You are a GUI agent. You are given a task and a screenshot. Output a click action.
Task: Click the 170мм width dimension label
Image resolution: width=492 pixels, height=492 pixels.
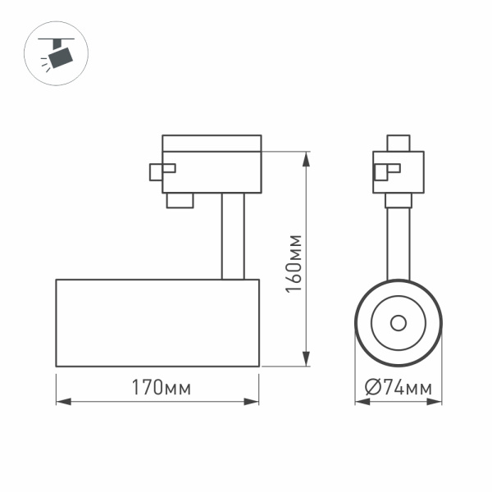(x=157, y=388)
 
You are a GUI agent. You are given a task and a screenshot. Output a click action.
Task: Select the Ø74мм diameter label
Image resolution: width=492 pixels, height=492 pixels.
(x=399, y=388)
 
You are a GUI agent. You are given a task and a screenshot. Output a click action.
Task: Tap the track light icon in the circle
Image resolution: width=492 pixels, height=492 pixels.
(x=57, y=55)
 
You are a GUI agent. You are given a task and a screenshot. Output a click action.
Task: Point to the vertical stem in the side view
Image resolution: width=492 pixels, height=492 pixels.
(x=231, y=237)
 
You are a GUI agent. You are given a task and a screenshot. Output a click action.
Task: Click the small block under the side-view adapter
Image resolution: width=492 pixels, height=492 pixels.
(x=180, y=200)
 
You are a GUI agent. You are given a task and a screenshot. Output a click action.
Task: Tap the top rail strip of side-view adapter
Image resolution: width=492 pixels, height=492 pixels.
(x=212, y=143)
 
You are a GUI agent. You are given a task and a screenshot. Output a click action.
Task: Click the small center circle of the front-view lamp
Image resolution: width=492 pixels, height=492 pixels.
(x=399, y=321)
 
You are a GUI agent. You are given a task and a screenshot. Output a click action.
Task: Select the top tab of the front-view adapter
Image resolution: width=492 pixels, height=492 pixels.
(x=399, y=143)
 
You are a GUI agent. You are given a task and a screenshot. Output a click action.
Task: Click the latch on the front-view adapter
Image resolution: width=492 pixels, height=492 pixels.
(x=385, y=171)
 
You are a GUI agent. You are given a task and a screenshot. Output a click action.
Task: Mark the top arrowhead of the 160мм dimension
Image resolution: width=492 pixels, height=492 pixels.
(x=306, y=157)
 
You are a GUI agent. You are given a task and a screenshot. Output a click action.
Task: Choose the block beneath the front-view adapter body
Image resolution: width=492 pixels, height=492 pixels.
(x=399, y=200)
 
